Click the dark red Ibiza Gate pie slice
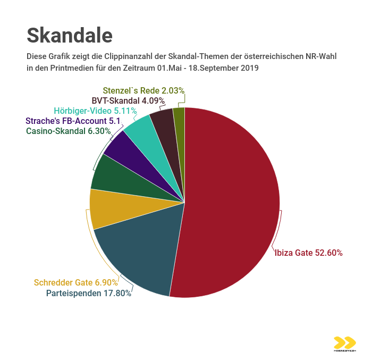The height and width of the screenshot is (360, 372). pos(234,202)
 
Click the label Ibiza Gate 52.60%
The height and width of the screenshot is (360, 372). pos(308,253)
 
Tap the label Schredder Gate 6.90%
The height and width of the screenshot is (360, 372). pos(76,282)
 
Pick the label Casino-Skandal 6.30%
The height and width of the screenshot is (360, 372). pos(69,131)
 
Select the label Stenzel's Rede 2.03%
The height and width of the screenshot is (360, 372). pos(143,90)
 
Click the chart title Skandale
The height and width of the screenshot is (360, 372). pos(70,35)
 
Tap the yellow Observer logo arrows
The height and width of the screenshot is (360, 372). pos(345,343)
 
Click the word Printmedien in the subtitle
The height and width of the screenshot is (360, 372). pos(65,69)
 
